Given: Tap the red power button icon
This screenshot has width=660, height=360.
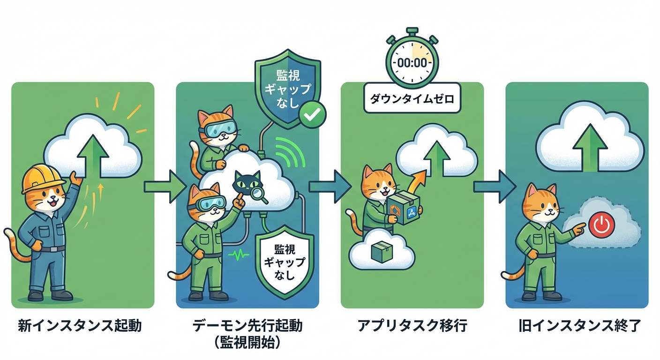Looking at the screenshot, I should pos(600,225).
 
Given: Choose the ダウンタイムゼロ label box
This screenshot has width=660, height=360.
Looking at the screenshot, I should pos(412,99).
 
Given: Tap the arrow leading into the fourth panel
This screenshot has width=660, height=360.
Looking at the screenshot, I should pos(494,187).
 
